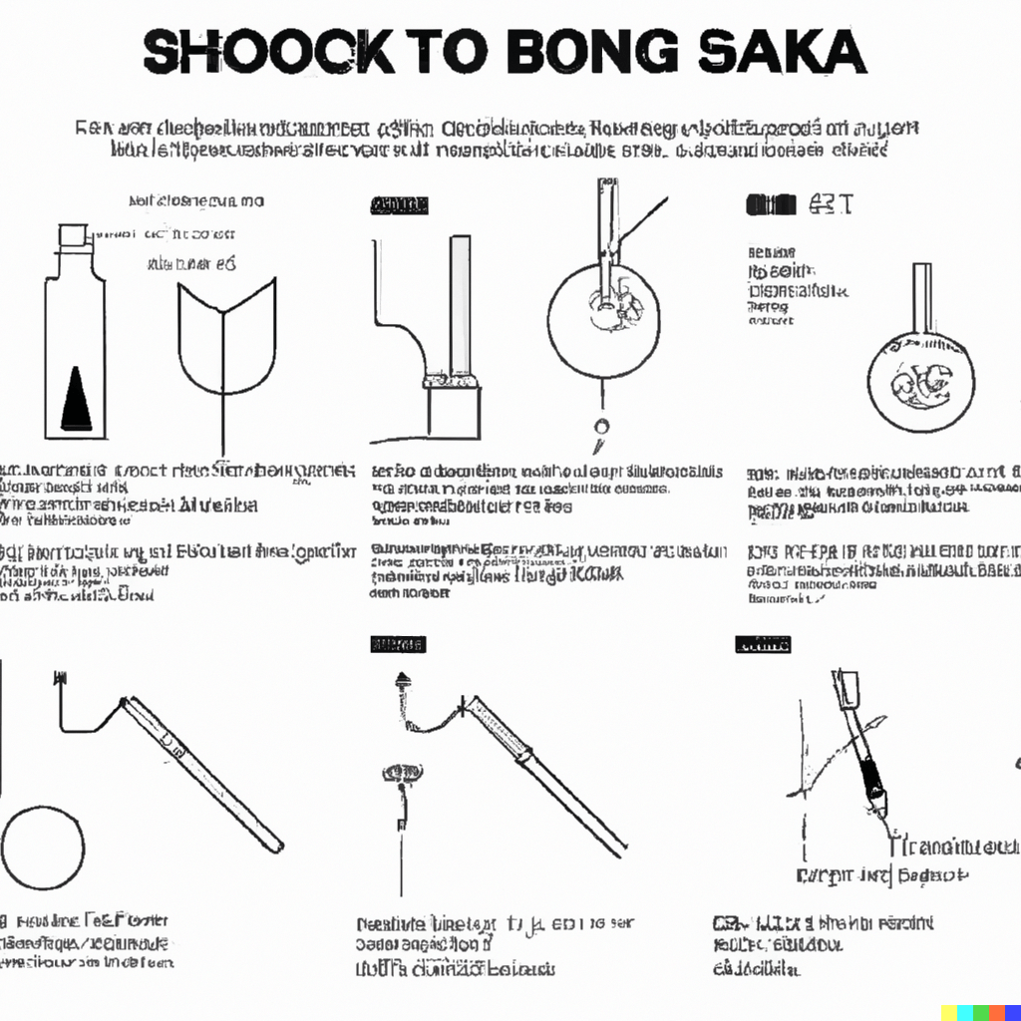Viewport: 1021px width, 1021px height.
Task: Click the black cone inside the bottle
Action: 75,398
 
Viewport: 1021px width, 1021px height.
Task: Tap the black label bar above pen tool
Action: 763,645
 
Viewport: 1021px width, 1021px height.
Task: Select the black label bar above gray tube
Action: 399,206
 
